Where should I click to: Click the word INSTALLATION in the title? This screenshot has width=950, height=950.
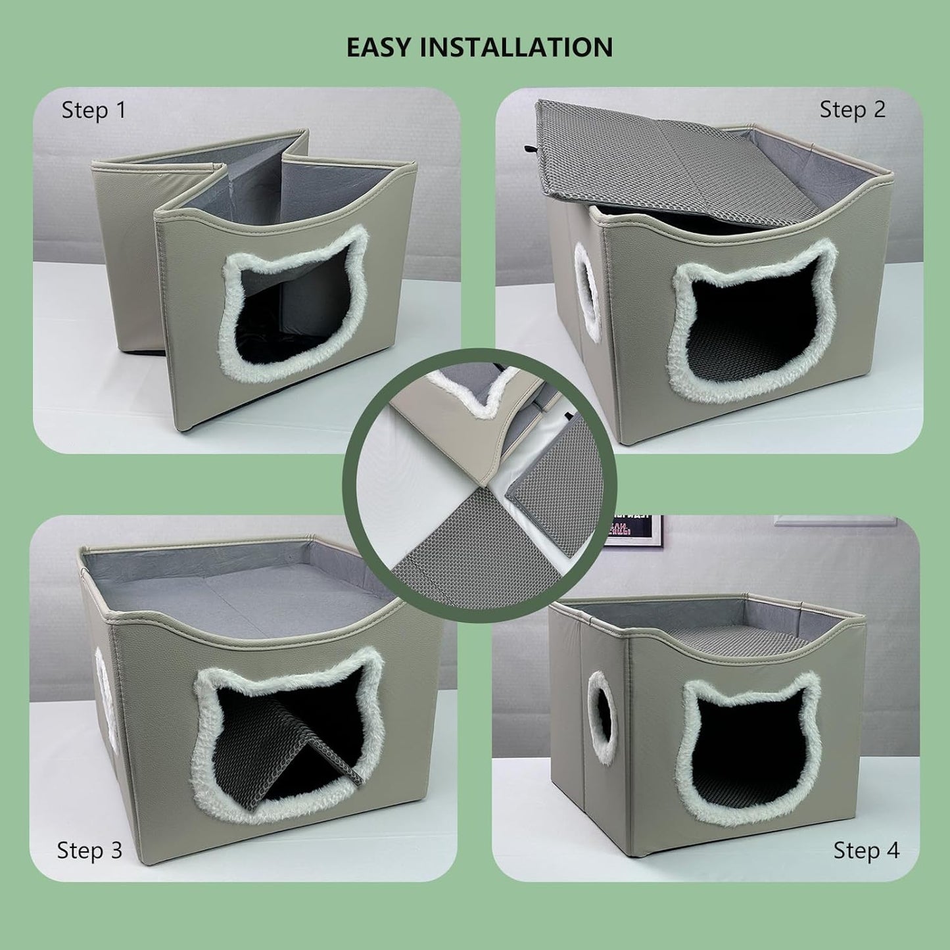pyautogui.click(x=518, y=47)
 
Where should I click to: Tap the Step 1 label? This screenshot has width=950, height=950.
pyautogui.click(x=93, y=111)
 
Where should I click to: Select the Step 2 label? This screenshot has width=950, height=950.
pyautogui.click(x=853, y=110)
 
